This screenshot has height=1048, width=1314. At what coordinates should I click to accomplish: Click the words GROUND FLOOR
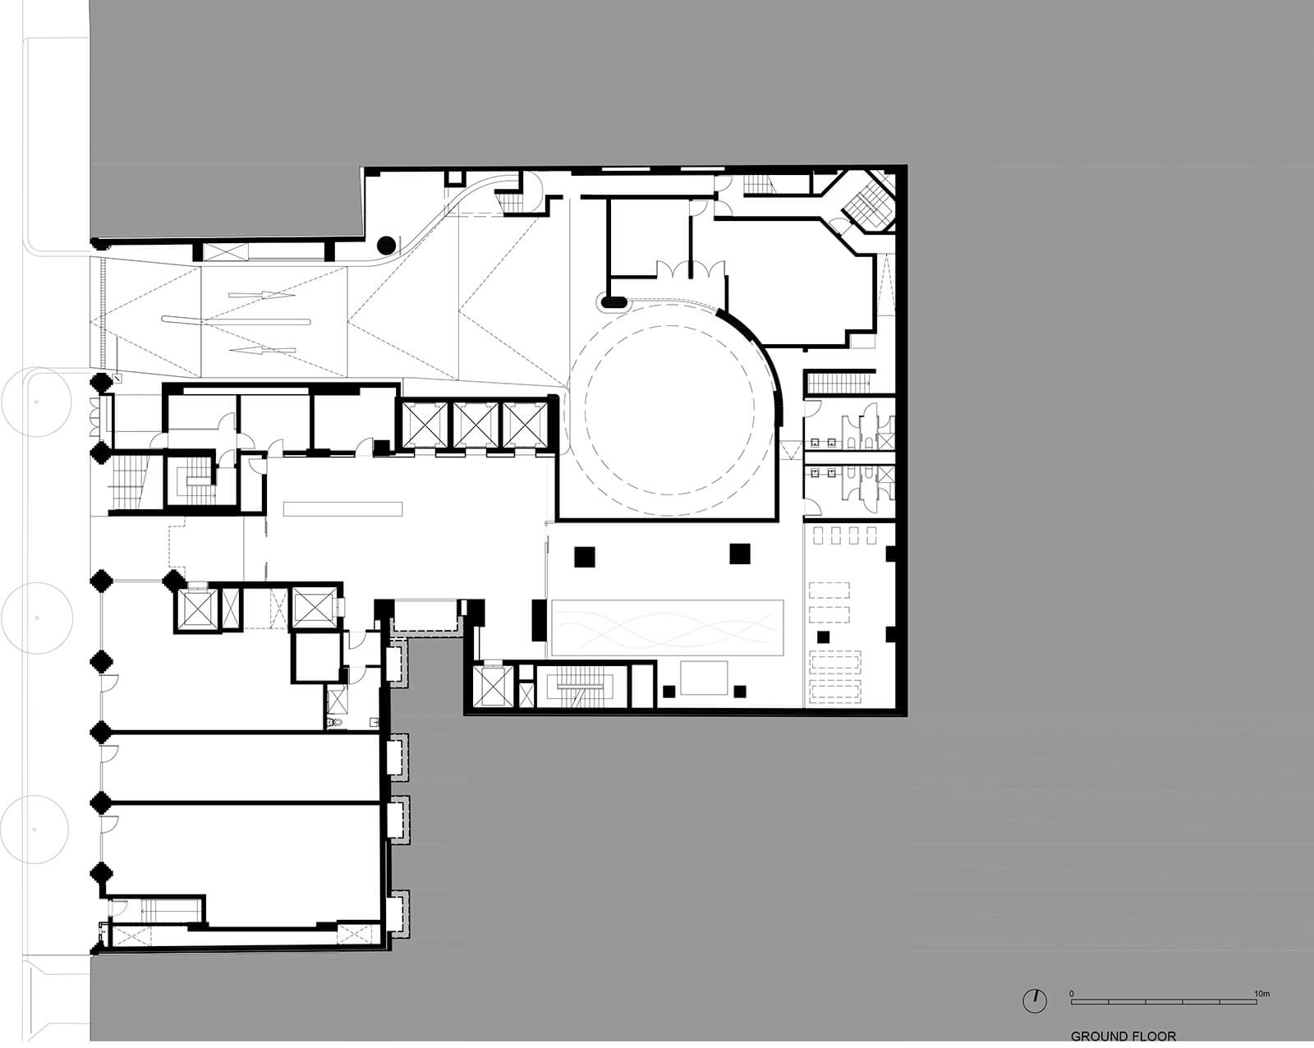point(1123,1037)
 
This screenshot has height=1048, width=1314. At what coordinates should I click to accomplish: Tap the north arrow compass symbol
point(1035,1000)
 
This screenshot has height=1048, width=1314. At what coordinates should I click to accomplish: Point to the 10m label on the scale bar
point(1261,994)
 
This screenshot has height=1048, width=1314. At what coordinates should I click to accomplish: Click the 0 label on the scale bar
point(1072,994)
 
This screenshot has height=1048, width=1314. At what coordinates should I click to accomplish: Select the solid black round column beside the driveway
point(385,244)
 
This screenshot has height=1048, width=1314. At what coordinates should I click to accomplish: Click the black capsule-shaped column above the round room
point(613,302)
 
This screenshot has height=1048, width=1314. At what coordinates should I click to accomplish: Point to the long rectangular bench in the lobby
point(342,509)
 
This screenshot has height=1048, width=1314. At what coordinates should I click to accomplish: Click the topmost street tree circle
point(37,402)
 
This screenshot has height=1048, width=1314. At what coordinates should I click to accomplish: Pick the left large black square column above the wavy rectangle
point(585,556)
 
